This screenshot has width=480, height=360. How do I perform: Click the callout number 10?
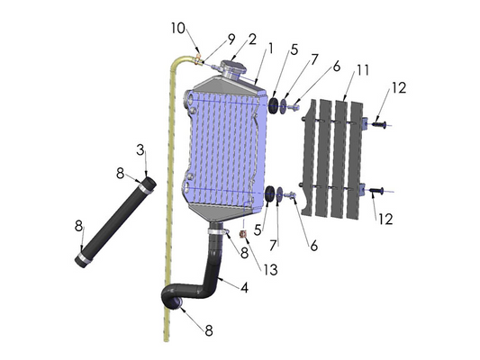pyautogui.click(x=177, y=26)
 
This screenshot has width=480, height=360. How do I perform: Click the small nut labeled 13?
pyautogui.click(x=242, y=236)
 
